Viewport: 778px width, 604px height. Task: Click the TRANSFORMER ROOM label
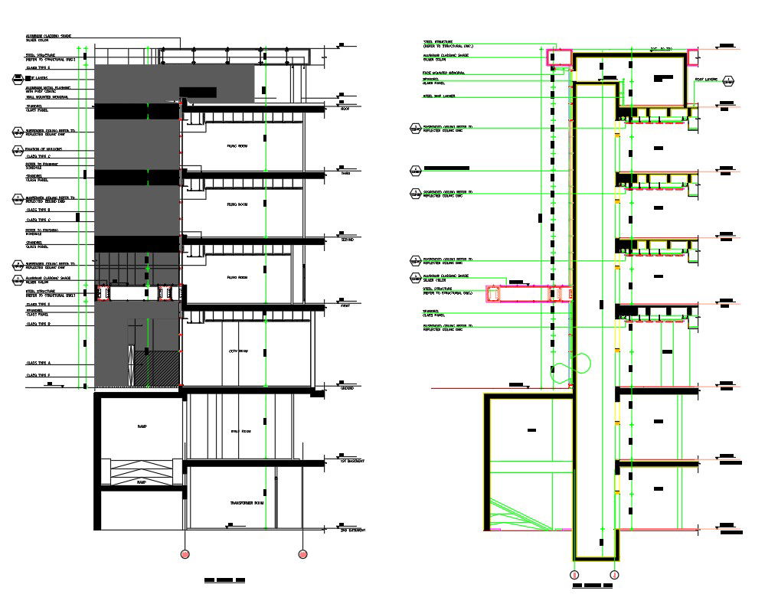[x=247, y=503]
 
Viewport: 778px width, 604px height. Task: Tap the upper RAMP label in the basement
[x=142, y=426]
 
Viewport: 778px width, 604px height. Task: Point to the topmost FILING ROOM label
[x=237, y=144]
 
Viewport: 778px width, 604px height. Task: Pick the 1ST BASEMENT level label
[x=351, y=462]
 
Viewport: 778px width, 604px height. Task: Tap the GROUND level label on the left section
[x=350, y=389]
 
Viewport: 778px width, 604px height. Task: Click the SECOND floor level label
[x=348, y=239]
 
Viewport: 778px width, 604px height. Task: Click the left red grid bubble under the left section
[x=184, y=553]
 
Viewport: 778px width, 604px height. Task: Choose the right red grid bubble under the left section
[x=302, y=553]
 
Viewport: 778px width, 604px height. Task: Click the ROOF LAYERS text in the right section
[x=705, y=79]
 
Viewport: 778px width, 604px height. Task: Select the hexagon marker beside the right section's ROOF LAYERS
[x=728, y=80]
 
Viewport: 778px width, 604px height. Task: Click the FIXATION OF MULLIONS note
[x=44, y=149]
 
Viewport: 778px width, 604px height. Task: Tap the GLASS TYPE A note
[x=38, y=363]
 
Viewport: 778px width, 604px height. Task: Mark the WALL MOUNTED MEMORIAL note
[x=48, y=98]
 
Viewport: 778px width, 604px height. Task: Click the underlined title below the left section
[x=224, y=582]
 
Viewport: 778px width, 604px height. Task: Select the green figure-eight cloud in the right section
[x=570, y=367]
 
